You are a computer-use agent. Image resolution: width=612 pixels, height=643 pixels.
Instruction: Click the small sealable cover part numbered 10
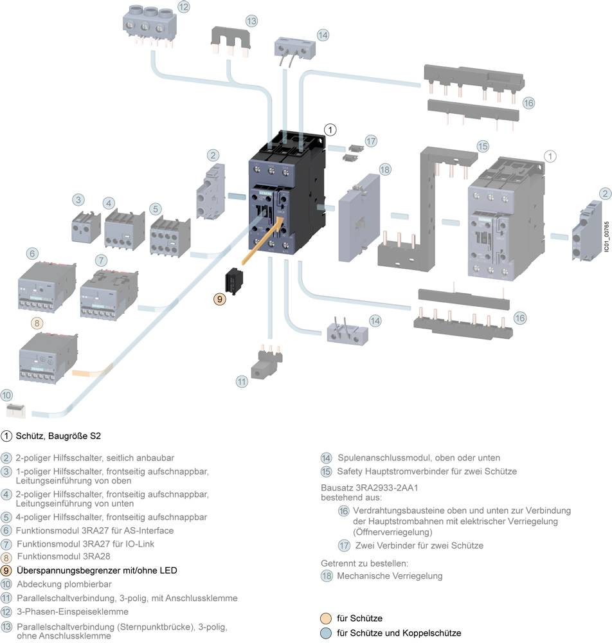[x=15, y=409]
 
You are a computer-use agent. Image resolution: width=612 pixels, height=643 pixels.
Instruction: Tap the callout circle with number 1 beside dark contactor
[x=330, y=129]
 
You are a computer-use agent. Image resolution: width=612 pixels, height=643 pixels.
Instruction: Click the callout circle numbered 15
[x=482, y=146]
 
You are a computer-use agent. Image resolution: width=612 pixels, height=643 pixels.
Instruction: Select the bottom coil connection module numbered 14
[x=345, y=332]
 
